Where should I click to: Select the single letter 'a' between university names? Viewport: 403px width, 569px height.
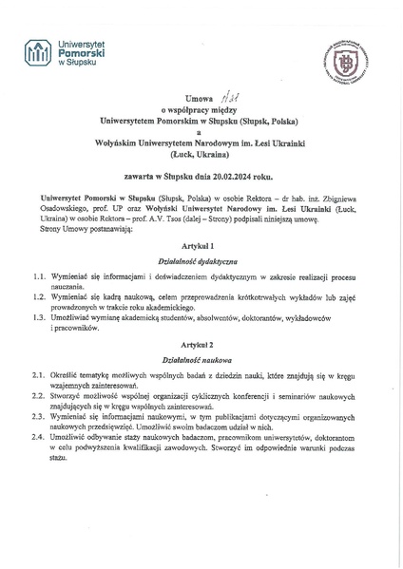pos(198,132)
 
